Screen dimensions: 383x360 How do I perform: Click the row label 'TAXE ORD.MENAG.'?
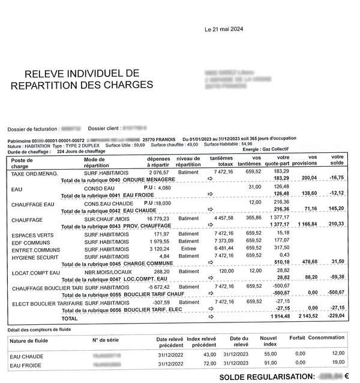tap(34, 174)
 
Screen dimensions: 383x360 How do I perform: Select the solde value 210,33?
tap(337, 224)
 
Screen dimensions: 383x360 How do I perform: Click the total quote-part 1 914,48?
tap(277, 315)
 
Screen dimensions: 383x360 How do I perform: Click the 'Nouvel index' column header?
tap(268, 342)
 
